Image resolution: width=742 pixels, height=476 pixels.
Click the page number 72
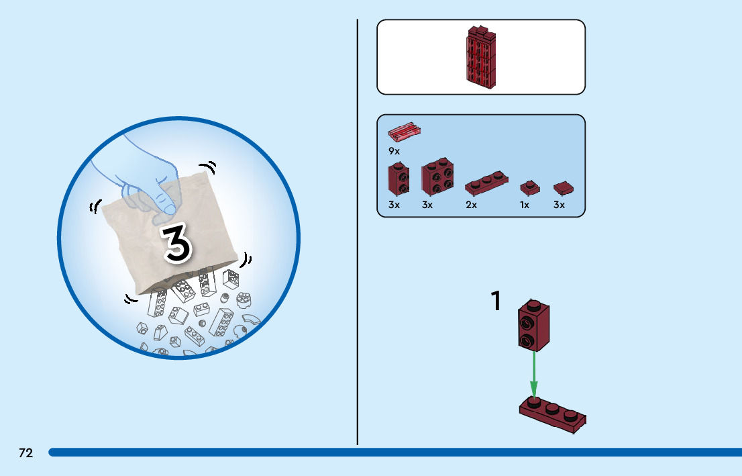coord(25,453)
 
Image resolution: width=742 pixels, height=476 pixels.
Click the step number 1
coord(496,301)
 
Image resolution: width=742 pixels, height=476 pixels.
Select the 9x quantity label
coord(394,151)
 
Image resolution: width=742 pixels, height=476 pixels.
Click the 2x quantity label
coord(471,205)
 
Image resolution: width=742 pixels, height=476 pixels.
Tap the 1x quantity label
coord(525,205)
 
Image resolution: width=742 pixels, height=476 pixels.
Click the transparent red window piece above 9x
coord(405,130)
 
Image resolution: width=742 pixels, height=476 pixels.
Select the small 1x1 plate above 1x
coord(529,185)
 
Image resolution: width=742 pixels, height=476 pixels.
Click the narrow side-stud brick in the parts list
coord(399,178)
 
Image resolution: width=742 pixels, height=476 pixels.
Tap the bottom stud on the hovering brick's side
coord(527,340)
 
